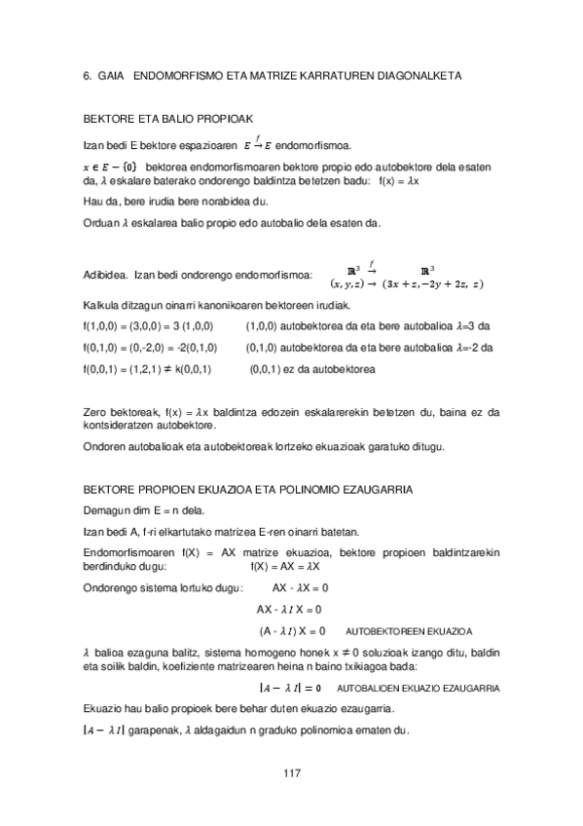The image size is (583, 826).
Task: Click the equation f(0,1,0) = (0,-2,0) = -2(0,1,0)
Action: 151,347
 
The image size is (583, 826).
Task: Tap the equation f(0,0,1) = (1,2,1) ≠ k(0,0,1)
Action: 147,370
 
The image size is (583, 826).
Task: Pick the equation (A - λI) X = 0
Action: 293,630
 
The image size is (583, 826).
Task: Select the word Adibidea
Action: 104,276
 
